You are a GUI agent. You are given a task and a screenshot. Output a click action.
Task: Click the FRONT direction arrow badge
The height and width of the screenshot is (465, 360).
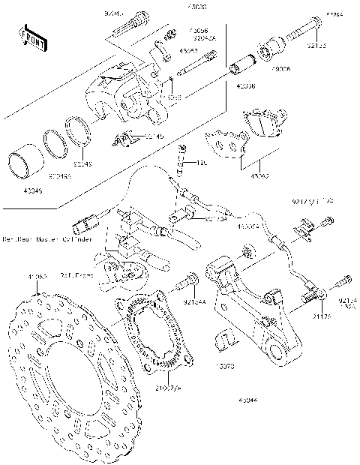coord(28,35)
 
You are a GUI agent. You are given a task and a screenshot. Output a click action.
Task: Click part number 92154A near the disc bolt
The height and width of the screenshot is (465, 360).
coord(193,303)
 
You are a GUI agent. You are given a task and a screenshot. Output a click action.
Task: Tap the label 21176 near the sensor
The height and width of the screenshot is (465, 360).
coord(322,317)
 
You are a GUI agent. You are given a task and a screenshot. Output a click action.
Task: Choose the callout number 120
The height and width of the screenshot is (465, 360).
coord(201,163)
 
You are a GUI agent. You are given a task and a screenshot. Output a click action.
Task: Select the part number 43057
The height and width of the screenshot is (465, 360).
coord(188,52)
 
